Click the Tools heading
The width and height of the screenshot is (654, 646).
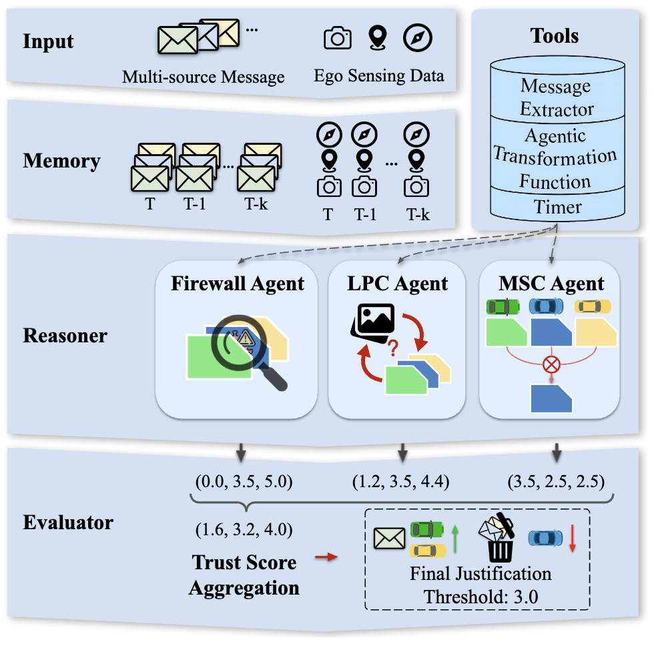(555, 35)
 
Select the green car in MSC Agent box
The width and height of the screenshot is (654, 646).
(503, 306)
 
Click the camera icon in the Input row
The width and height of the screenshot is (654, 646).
(337, 38)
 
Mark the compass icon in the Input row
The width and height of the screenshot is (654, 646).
(417, 38)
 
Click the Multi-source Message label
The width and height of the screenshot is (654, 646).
(204, 77)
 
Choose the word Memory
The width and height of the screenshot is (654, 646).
(61, 161)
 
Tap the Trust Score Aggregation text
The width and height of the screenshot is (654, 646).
(244, 575)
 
